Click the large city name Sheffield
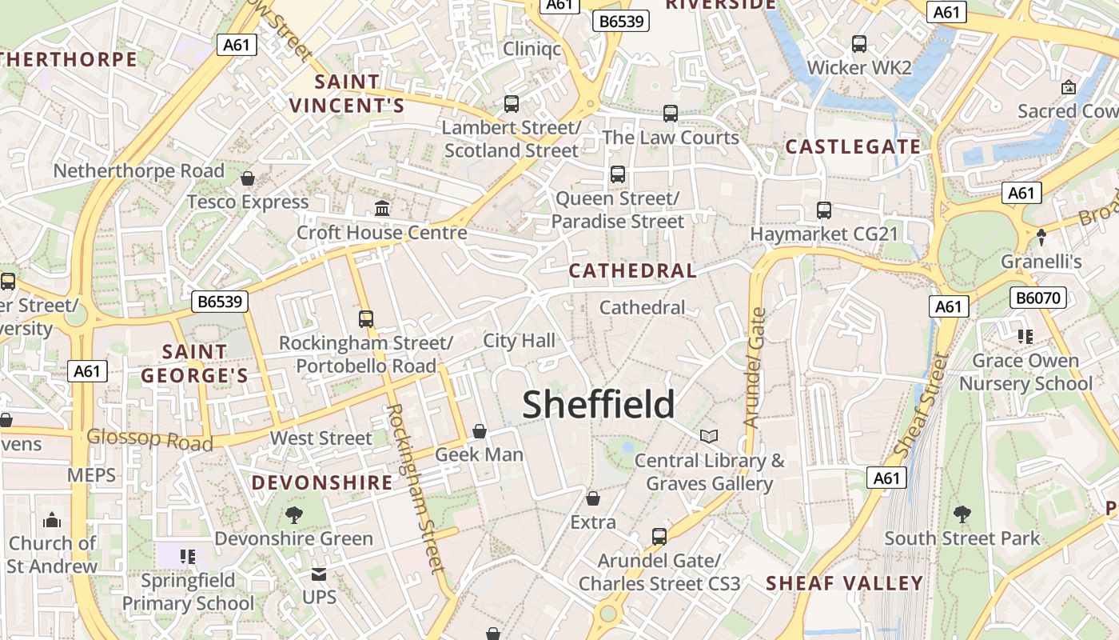click(599, 404)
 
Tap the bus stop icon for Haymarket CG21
click(824, 210)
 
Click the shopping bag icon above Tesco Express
click(248, 178)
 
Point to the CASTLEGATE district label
click(853, 146)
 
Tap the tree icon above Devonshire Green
click(294, 514)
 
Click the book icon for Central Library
click(709, 436)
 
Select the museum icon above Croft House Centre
click(382, 209)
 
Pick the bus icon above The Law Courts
click(671, 114)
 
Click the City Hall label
click(519, 341)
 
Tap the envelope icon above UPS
click(319, 574)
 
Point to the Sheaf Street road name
click(922, 406)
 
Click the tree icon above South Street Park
click(962, 514)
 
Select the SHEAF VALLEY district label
click(845, 583)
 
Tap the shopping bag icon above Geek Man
click(480, 431)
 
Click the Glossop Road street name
click(150, 439)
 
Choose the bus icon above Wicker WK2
click(859, 44)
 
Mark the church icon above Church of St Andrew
click(52, 520)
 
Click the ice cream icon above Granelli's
click(1041, 238)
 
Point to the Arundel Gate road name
click(753, 368)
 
